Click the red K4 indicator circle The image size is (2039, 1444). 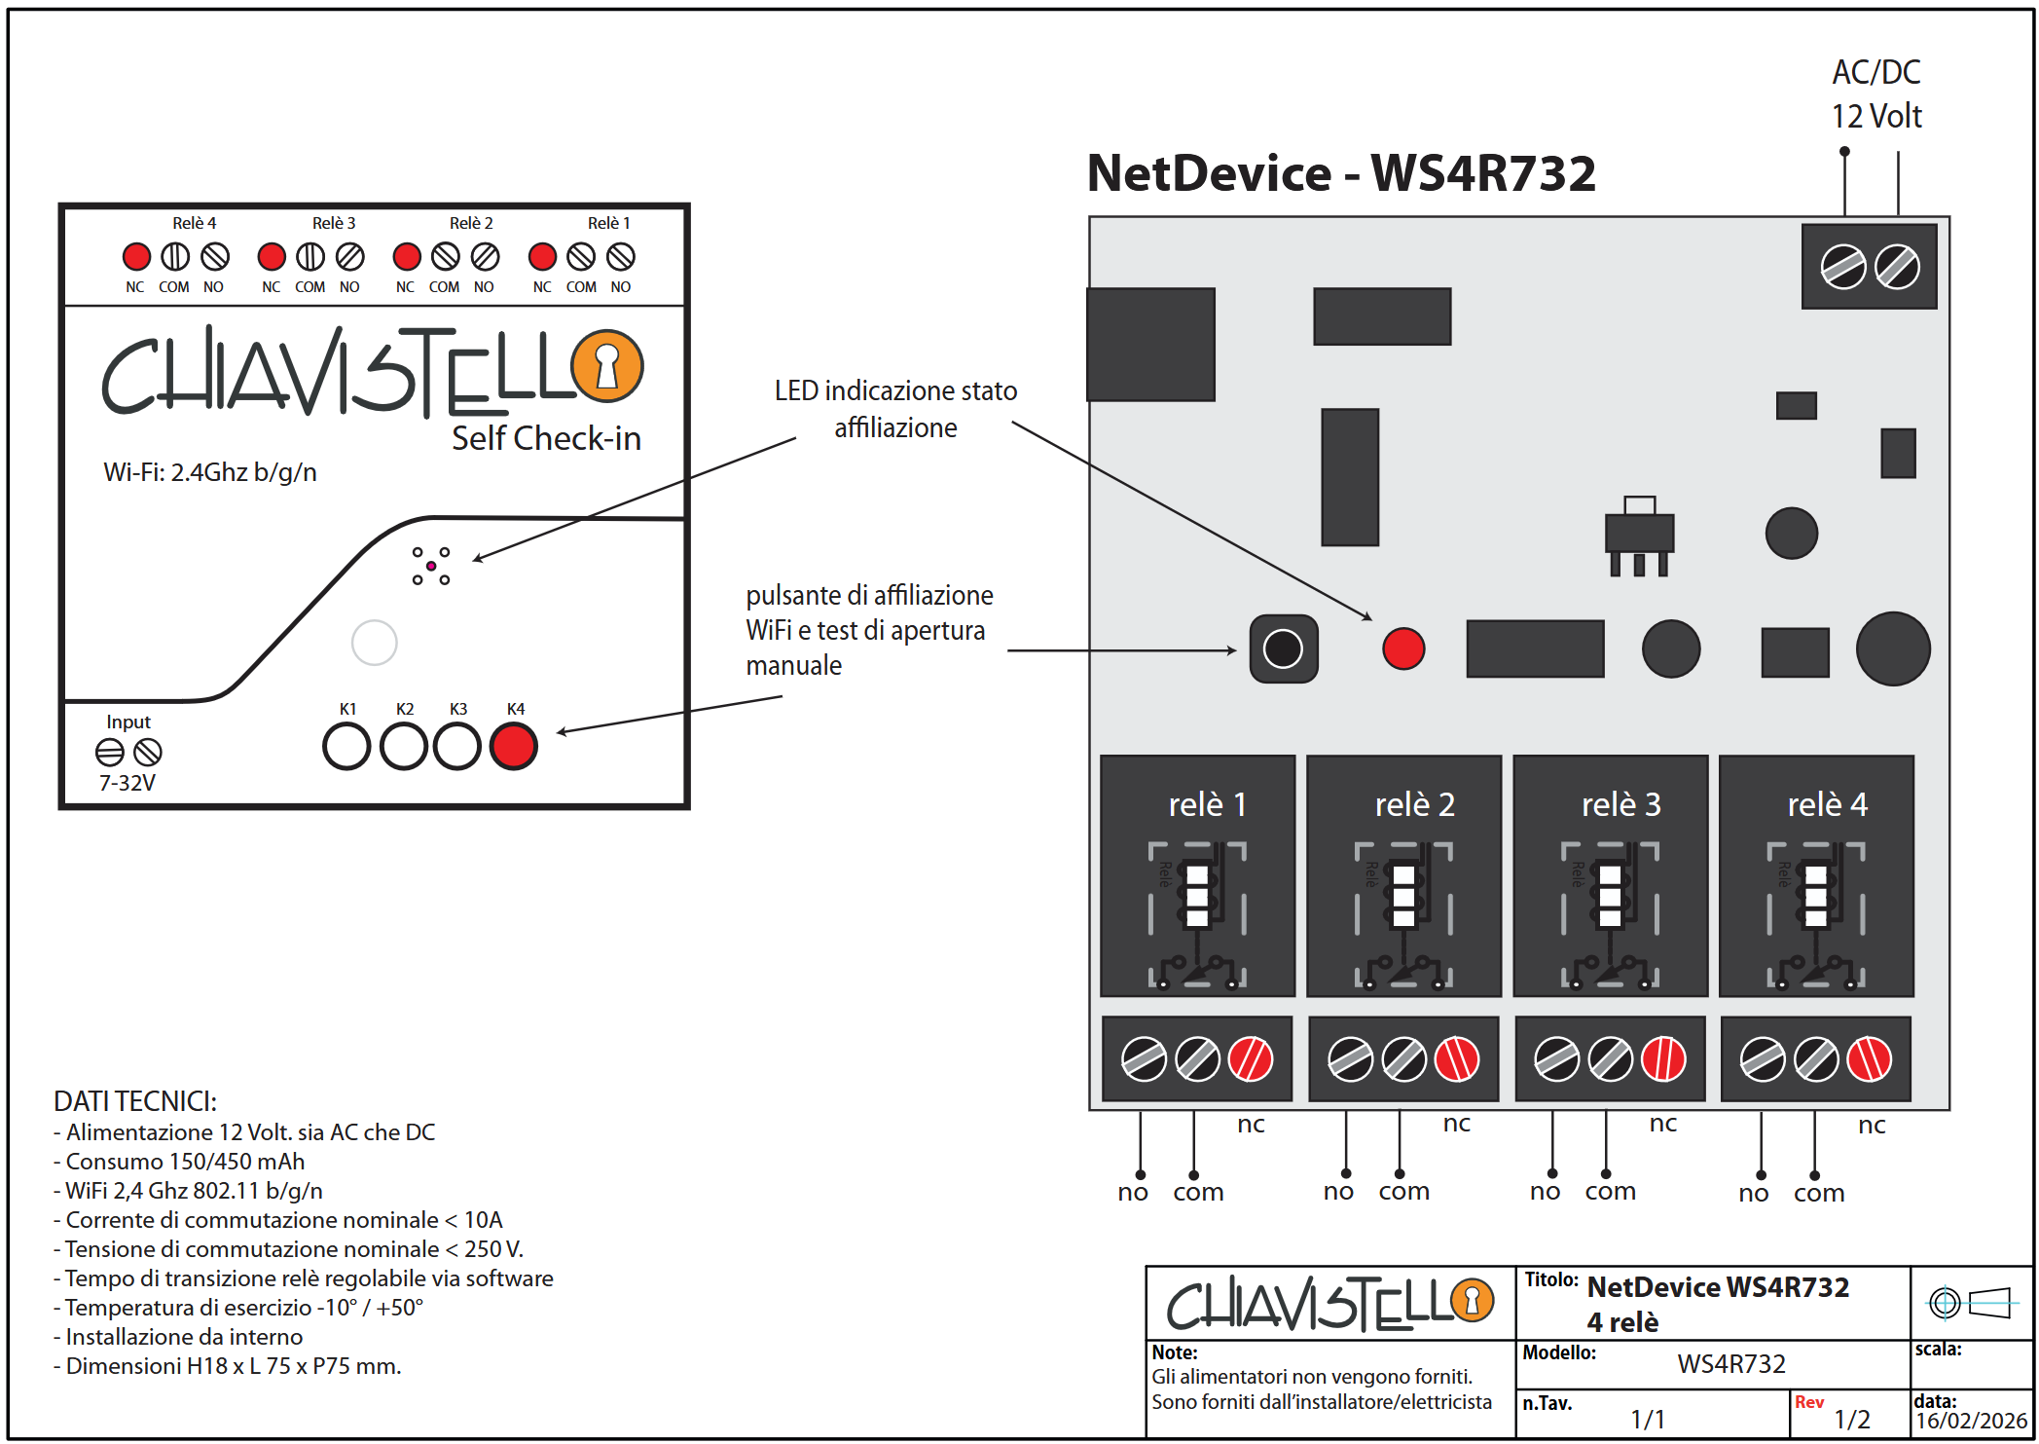tap(514, 747)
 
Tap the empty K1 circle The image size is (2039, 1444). tap(346, 747)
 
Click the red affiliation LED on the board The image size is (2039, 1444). tap(1403, 648)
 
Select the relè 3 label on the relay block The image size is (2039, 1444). tap(1620, 804)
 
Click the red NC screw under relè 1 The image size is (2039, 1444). tap(1251, 1059)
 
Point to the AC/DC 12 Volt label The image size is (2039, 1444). tap(1875, 94)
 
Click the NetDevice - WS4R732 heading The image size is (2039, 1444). tap(1341, 173)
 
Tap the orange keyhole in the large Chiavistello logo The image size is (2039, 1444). tap(607, 366)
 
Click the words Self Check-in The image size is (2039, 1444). tap(546, 438)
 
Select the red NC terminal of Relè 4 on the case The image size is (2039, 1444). tap(136, 257)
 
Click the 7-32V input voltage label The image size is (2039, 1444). tap(127, 783)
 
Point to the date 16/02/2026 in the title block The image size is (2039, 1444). tap(1971, 1421)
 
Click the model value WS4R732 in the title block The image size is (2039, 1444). tap(1730, 1363)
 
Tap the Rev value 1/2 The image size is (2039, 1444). tap(1852, 1420)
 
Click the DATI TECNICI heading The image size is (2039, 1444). tap(135, 1101)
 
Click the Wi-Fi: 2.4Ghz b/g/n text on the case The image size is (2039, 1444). tap(210, 472)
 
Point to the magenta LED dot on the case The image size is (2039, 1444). tap(431, 566)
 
